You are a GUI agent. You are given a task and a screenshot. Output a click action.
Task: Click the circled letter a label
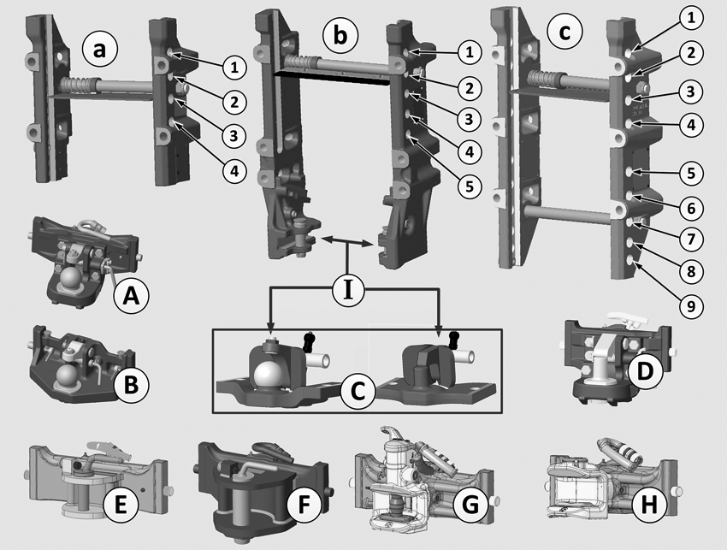click(x=99, y=49)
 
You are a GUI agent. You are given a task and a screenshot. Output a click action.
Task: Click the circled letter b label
click(x=340, y=35)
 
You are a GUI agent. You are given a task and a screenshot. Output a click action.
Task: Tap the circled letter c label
click(x=564, y=32)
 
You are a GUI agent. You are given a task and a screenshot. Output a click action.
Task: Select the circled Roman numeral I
click(x=348, y=291)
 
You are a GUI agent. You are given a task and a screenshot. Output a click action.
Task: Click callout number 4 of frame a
click(x=234, y=171)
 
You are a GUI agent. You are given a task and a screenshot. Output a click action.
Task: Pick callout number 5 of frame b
click(x=470, y=186)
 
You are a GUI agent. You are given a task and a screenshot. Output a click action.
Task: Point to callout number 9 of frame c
click(x=691, y=306)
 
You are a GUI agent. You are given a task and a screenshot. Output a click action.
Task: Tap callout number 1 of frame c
click(x=691, y=18)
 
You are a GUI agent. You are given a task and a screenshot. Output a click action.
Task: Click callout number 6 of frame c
click(x=691, y=208)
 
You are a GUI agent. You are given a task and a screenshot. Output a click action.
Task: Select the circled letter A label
click(x=131, y=295)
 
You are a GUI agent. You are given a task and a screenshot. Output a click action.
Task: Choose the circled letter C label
click(x=358, y=392)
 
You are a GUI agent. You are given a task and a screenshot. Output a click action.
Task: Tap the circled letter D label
click(x=645, y=370)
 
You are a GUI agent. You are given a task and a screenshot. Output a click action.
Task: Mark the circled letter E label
click(x=121, y=504)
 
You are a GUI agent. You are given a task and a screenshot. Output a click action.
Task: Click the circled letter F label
click(x=304, y=504)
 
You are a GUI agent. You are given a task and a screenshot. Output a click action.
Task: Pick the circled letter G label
click(x=470, y=504)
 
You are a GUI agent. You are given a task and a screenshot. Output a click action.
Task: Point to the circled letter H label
click(x=648, y=504)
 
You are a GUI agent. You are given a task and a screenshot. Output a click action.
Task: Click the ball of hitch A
click(x=73, y=277)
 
